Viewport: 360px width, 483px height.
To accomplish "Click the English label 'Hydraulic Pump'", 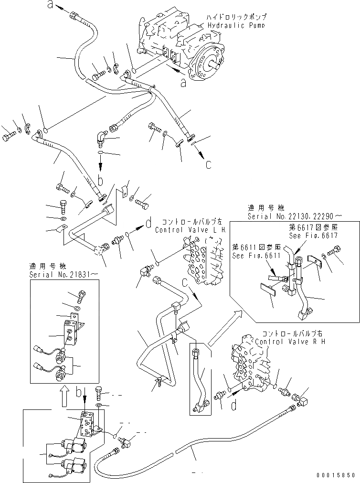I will click(236, 25).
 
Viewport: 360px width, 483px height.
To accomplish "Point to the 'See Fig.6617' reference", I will click(313, 236).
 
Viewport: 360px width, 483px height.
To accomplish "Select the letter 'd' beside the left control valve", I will click(149, 223).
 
